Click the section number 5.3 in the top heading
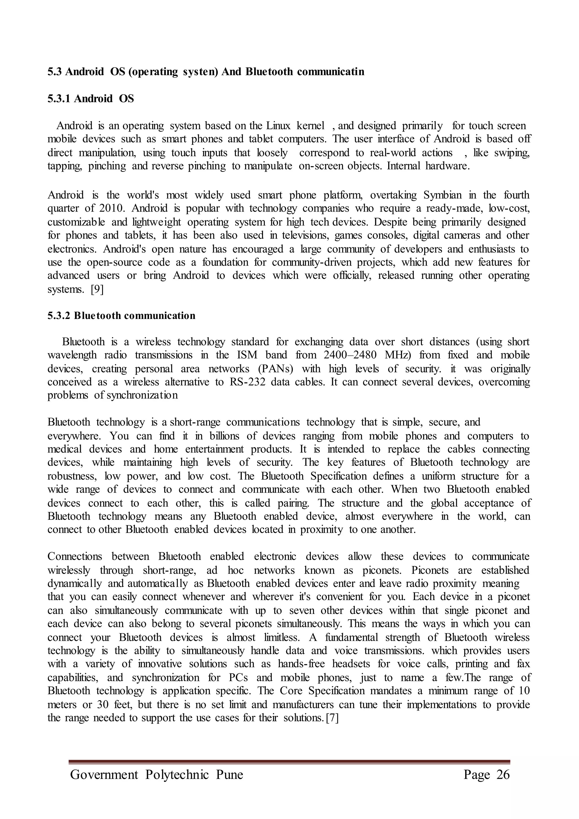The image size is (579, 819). tap(55, 72)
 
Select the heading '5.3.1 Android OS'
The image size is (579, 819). tap(90, 98)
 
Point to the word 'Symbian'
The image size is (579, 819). tap(442, 195)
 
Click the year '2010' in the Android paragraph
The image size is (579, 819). tap(111, 208)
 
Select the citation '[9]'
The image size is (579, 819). tap(97, 289)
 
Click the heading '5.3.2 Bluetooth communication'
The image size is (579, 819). tap(121, 316)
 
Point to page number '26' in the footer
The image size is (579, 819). tap(503, 775)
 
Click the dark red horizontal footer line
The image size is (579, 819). tap(289, 762)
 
